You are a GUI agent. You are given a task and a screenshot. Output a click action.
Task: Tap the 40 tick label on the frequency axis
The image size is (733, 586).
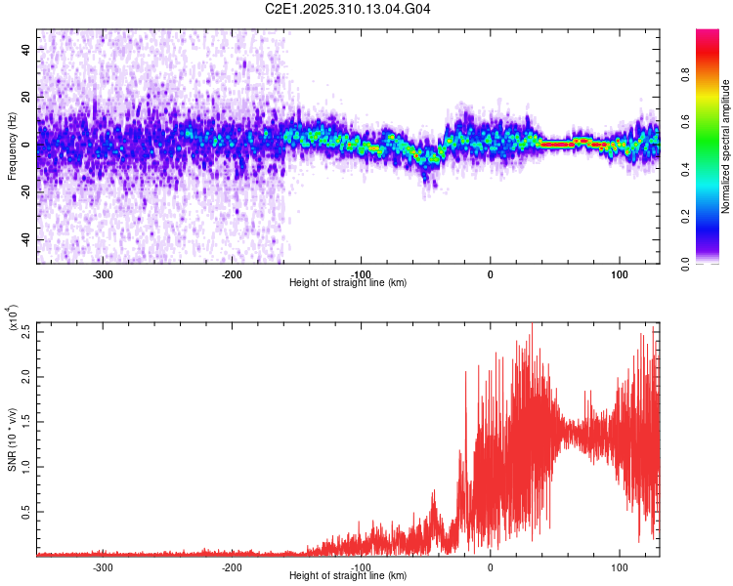point(27,49)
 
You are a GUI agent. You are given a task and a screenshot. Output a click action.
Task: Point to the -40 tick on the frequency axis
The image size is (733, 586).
point(26,240)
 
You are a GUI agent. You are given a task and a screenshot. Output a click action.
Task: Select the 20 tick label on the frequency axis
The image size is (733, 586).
point(27,97)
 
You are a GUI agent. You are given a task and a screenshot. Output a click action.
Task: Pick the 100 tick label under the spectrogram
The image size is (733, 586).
point(619,274)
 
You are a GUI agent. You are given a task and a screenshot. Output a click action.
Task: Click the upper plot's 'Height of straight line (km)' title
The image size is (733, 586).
point(348,283)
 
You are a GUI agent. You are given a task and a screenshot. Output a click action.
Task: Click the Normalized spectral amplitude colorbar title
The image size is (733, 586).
point(725,146)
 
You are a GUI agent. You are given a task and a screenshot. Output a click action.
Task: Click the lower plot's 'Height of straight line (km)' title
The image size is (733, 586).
point(348,576)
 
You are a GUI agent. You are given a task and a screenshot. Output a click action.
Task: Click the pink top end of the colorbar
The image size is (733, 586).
point(707,35)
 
